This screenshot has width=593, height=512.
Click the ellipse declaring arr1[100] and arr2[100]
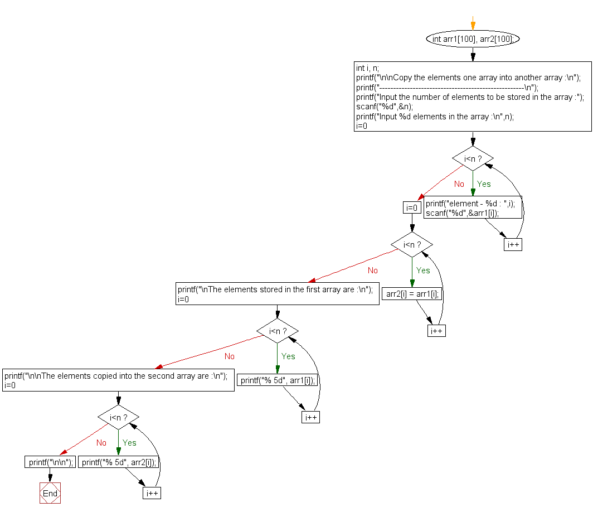pyautogui.click(x=473, y=39)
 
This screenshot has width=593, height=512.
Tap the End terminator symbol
pyautogui.click(x=50, y=493)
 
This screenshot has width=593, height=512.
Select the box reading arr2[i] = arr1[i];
pyautogui.click(x=411, y=294)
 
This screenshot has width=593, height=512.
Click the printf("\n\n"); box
pyautogui.click(x=50, y=462)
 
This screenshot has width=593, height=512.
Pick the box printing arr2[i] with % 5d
pyautogui.click(x=119, y=462)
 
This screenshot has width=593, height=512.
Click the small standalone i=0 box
pyautogui.click(x=411, y=208)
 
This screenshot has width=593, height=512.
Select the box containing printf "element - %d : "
pyautogui.click(x=473, y=208)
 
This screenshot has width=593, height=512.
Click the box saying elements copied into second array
pyautogui.click(x=118, y=380)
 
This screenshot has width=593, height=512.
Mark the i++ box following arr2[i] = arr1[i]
pyautogui.click(x=436, y=331)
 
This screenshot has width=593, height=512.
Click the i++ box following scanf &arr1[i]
pyautogui.click(x=513, y=244)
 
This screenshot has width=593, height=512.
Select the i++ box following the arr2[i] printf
pyautogui.click(x=152, y=493)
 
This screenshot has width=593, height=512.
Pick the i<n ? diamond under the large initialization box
pyautogui.click(x=473, y=159)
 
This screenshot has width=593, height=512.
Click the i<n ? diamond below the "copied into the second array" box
pyautogui.click(x=118, y=417)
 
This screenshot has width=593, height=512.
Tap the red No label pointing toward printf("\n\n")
pyautogui.click(x=101, y=443)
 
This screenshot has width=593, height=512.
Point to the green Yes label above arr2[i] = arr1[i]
pyautogui.click(x=423, y=271)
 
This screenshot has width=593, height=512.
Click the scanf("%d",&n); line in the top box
pyautogui.click(x=385, y=107)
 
